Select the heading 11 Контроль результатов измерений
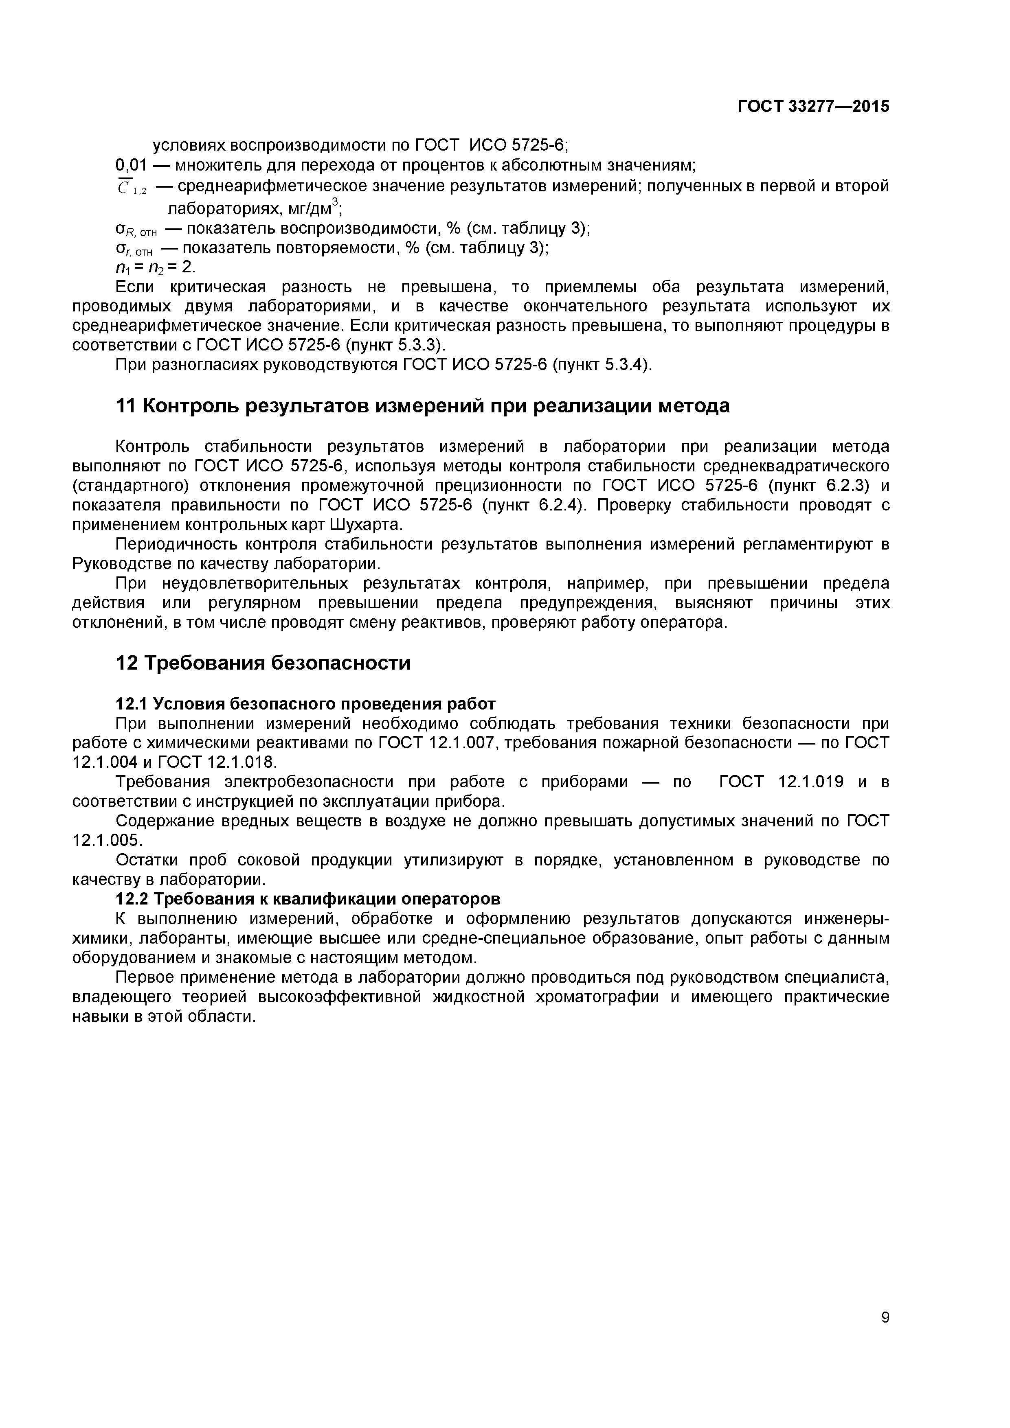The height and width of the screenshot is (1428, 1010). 423,406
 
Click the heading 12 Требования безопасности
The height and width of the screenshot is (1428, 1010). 263,663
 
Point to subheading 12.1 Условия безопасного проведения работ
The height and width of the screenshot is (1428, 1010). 305,704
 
